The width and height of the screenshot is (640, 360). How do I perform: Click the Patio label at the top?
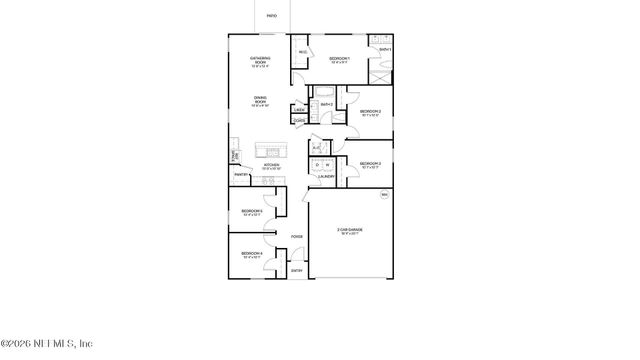tap(272, 17)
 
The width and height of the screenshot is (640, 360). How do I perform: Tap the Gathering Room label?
tap(260, 60)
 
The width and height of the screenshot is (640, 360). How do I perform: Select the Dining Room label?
tap(260, 100)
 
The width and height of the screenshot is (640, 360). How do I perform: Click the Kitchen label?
tap(271, 166)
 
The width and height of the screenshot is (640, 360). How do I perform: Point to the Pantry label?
tap(241, 176)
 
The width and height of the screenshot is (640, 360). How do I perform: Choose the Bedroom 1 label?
tap(340, 59)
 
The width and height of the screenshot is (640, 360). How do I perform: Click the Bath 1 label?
tap(385, 49)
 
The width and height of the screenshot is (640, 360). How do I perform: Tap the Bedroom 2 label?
tap(371, 111)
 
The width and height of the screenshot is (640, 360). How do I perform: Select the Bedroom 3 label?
tap(371, 164)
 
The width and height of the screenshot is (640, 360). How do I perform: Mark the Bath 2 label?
tap(327, 104)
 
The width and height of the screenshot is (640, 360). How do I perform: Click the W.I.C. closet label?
tap(302, 53)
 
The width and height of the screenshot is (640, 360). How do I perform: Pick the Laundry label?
tap(327, 177)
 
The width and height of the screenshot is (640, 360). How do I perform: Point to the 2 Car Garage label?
tap(350, 231)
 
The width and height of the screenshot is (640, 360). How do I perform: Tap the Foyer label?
tap(297, 237)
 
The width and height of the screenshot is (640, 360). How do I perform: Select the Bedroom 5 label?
tap(252, 212)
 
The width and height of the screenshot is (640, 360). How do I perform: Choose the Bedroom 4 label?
tap(252, 255)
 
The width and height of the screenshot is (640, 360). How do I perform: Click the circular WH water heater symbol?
tap(382, 197)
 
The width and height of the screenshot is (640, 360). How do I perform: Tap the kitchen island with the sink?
tap(270, 150)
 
